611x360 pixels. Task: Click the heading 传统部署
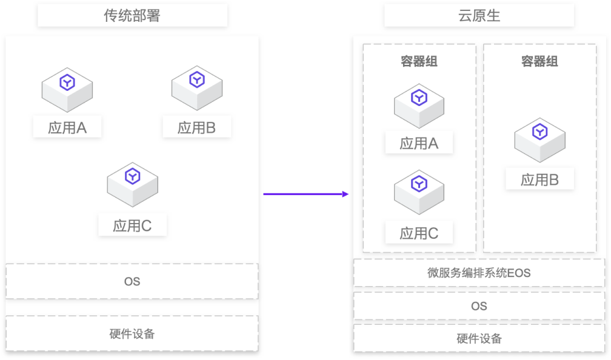tap(132, 16)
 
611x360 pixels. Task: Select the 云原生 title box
tap(479, 16)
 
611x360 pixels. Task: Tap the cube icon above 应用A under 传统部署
tap(67, 88)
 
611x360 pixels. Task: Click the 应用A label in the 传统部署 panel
tap(67, 128)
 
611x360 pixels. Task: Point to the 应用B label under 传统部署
tap(197, 128)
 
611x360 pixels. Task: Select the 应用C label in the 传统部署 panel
tap(133, 226)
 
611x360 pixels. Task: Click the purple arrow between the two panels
tap(306, 194)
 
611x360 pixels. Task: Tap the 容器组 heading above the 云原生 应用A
tap(419, 61)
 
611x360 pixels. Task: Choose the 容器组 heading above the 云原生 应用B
tap(539, 61)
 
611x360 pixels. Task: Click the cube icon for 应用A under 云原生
tap(419, 105)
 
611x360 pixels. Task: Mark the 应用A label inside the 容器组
tap(419, 144)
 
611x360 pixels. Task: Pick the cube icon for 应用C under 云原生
tap(419, 191)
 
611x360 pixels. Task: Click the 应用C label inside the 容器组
tap(419, 233)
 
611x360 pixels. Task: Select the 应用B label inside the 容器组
tap(539, 179)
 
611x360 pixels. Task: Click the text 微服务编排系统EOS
tap(479, 273)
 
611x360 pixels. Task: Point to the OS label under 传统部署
tap(132, 281)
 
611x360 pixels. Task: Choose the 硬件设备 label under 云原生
tap(479, 339)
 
